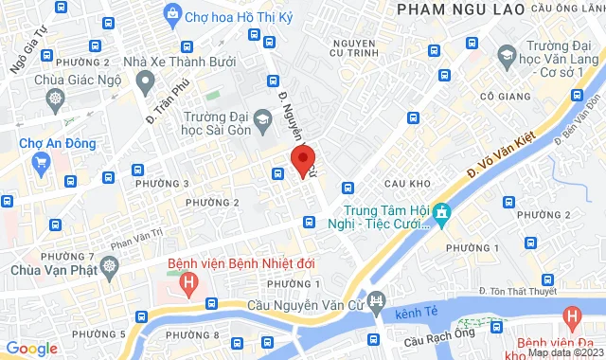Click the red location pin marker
[302, 160]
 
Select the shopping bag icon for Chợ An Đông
[41, 163]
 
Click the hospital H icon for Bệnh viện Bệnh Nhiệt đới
[189, 281]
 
